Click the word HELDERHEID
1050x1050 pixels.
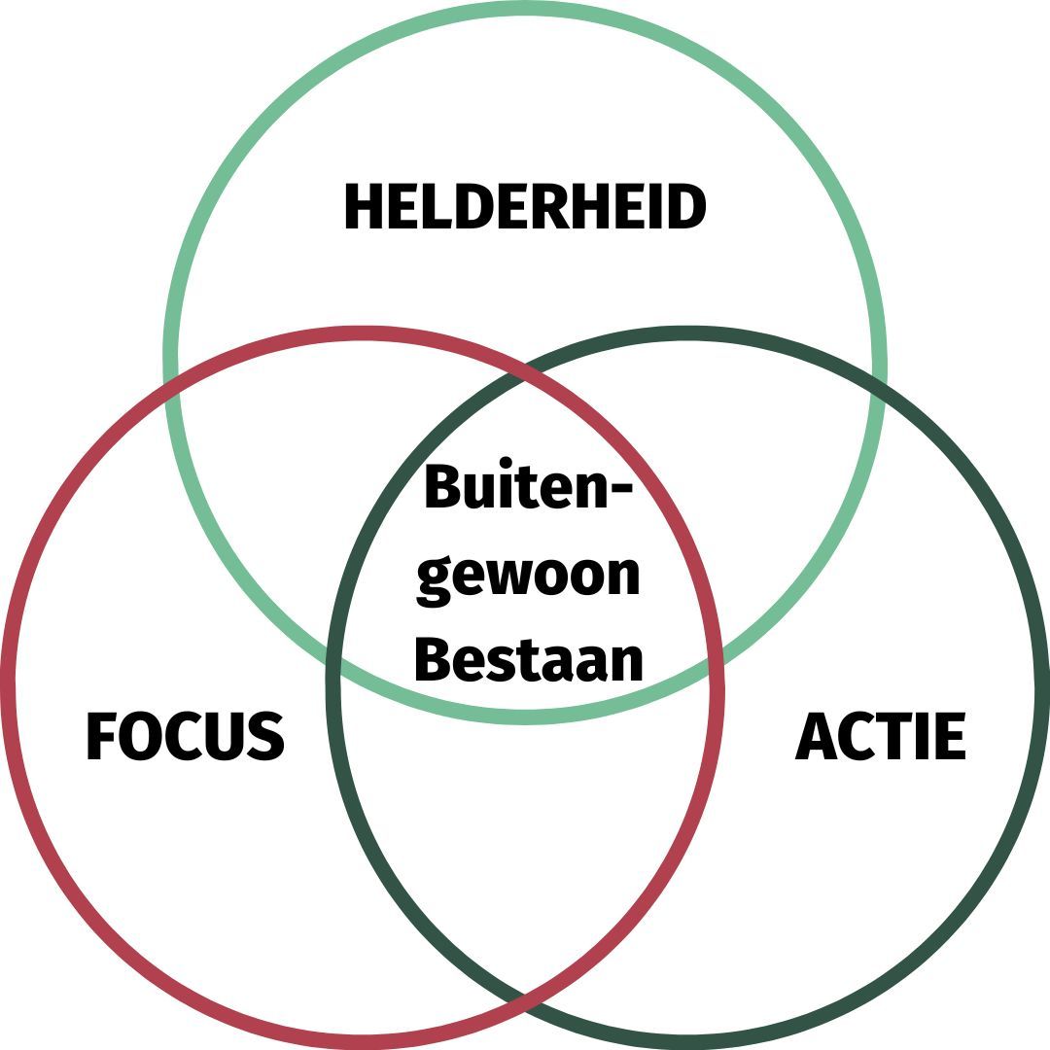[525, 207]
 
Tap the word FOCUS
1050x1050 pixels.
[185, 736]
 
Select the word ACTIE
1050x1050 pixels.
[881, 736]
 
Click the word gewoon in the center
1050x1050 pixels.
[529, 576]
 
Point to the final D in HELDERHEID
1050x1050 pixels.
[684, 207]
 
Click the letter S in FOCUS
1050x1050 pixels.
[264, 736]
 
